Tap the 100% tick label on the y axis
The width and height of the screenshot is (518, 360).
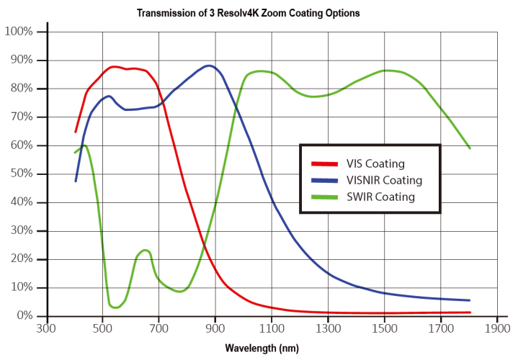pos(19,32)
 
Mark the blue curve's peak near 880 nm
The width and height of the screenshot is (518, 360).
pos(209,66)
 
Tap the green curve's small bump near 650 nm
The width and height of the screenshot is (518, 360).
pos(146,251)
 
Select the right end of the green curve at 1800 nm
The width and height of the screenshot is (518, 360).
pos(470,148)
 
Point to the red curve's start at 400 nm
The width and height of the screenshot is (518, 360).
pos(76,132)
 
